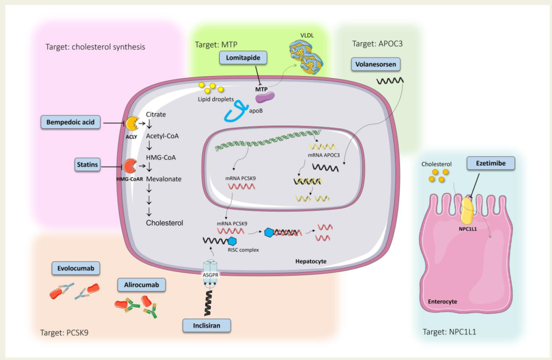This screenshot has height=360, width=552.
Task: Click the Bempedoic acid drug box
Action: pos(71,122)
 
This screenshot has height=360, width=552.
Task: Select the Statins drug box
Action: pos(87,164)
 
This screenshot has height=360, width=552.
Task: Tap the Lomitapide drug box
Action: pos(243,58)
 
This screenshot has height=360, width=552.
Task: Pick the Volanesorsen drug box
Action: pos(376,64)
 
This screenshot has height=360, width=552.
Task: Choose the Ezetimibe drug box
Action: pos(491,163)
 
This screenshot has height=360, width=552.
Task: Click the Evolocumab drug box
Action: pos(75,268)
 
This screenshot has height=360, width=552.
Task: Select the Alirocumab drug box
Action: pos(141,285)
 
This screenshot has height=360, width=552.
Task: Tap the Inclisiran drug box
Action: pos(206,326)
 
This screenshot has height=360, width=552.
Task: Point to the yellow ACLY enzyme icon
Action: pos(132,124)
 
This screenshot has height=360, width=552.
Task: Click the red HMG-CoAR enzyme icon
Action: pos(129,166)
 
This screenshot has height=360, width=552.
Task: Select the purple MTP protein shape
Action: pos(265,98)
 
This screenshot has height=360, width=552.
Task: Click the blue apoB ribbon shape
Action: pos(237,112)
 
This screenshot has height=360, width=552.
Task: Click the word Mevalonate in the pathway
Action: pos(164,179)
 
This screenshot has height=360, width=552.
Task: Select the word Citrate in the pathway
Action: pos(156,114)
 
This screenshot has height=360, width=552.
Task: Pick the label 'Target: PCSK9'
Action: pos(65,333)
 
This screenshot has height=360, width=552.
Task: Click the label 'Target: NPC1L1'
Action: pos(449,331)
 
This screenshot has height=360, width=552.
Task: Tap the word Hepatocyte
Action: pos(311,261)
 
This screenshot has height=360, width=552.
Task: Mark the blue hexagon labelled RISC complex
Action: pos(232,241)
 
